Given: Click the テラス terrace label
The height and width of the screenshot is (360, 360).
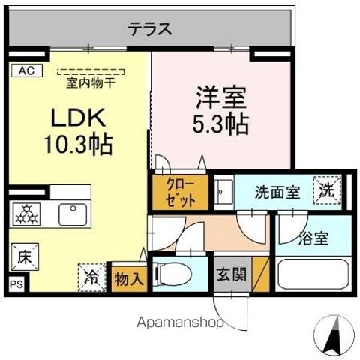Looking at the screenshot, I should (x=150, y=30).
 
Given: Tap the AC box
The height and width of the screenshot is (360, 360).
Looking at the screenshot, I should (x=25, y=71).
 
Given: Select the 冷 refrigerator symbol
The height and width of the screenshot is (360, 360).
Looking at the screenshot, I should (x=91, y=276).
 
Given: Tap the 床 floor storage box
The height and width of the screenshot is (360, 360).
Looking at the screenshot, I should (x=22, y=256).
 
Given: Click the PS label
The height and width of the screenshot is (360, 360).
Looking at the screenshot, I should (x=16, y=284).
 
